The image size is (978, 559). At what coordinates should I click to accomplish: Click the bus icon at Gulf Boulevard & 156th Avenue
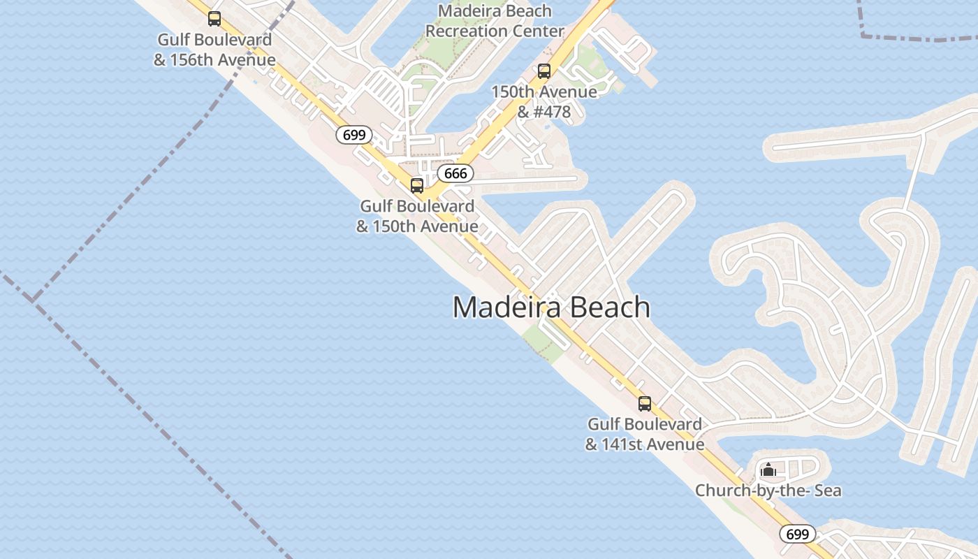(214, 19)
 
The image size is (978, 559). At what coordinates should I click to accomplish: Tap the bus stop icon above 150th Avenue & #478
(544, 71)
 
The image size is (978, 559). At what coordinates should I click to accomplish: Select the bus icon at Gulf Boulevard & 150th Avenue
(417, 186)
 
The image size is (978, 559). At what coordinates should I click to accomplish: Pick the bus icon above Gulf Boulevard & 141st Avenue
(645, 404)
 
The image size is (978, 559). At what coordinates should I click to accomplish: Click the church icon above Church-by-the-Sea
(768, 470)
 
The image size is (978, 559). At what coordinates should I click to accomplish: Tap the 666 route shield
(455, 173)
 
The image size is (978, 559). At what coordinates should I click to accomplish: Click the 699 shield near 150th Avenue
(354, 135)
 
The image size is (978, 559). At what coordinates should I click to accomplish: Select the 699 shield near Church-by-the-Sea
(797, 535)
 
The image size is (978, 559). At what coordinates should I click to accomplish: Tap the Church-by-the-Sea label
(768, 491)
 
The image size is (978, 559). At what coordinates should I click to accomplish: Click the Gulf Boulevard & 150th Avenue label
(417, 216)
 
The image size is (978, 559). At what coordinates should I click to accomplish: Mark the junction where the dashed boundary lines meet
(32, 301)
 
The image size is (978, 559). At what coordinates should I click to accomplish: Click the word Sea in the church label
(826, 491)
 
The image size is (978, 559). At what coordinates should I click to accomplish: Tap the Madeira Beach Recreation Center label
(495, 22)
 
